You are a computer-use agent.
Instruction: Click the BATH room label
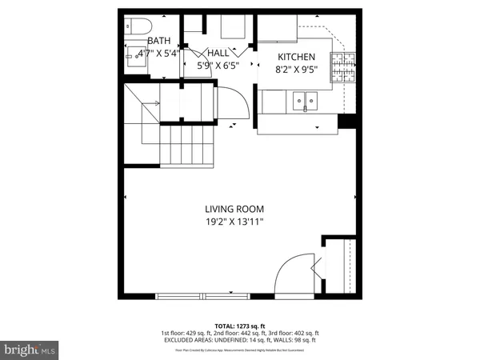(159, 41)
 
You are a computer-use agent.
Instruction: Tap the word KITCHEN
(297, 57)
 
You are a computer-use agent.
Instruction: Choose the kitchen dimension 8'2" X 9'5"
(297, 70)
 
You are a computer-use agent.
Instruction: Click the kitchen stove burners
(345, 60)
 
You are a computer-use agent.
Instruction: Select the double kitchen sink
(304, 101)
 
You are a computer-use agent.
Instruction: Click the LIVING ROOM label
(233, 209)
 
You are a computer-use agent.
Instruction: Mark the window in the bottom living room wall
(205, 296)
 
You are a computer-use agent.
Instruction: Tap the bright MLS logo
(30, 349)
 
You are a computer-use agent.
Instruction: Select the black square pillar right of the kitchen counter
(346, 122)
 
